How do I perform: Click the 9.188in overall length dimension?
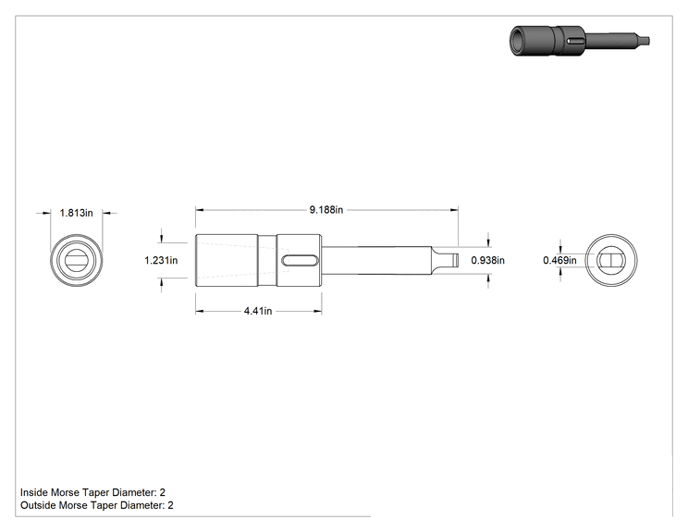pos(326,210)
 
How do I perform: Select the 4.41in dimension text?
pos(258,311)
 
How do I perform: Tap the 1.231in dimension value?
pos(161,260)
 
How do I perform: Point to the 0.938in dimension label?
pos(488,260)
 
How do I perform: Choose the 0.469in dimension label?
pos(559,260)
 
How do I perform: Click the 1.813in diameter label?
pos(77,213)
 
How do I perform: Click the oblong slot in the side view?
pos(300,261)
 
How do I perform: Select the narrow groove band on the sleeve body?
pos(267,260)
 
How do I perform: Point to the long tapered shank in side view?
pos(376,261)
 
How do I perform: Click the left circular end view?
pos(77,260)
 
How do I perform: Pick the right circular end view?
pos(611,260)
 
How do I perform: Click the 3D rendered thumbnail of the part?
pos(579,41)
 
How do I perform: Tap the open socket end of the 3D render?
pos(521,41)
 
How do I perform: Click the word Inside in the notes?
pos(34,492)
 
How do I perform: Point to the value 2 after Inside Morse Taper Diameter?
pos(163,492)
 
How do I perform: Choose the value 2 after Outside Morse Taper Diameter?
pos(170,505)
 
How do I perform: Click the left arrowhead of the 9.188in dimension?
pos(200,210)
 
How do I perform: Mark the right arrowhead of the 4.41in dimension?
pos(318,311)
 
